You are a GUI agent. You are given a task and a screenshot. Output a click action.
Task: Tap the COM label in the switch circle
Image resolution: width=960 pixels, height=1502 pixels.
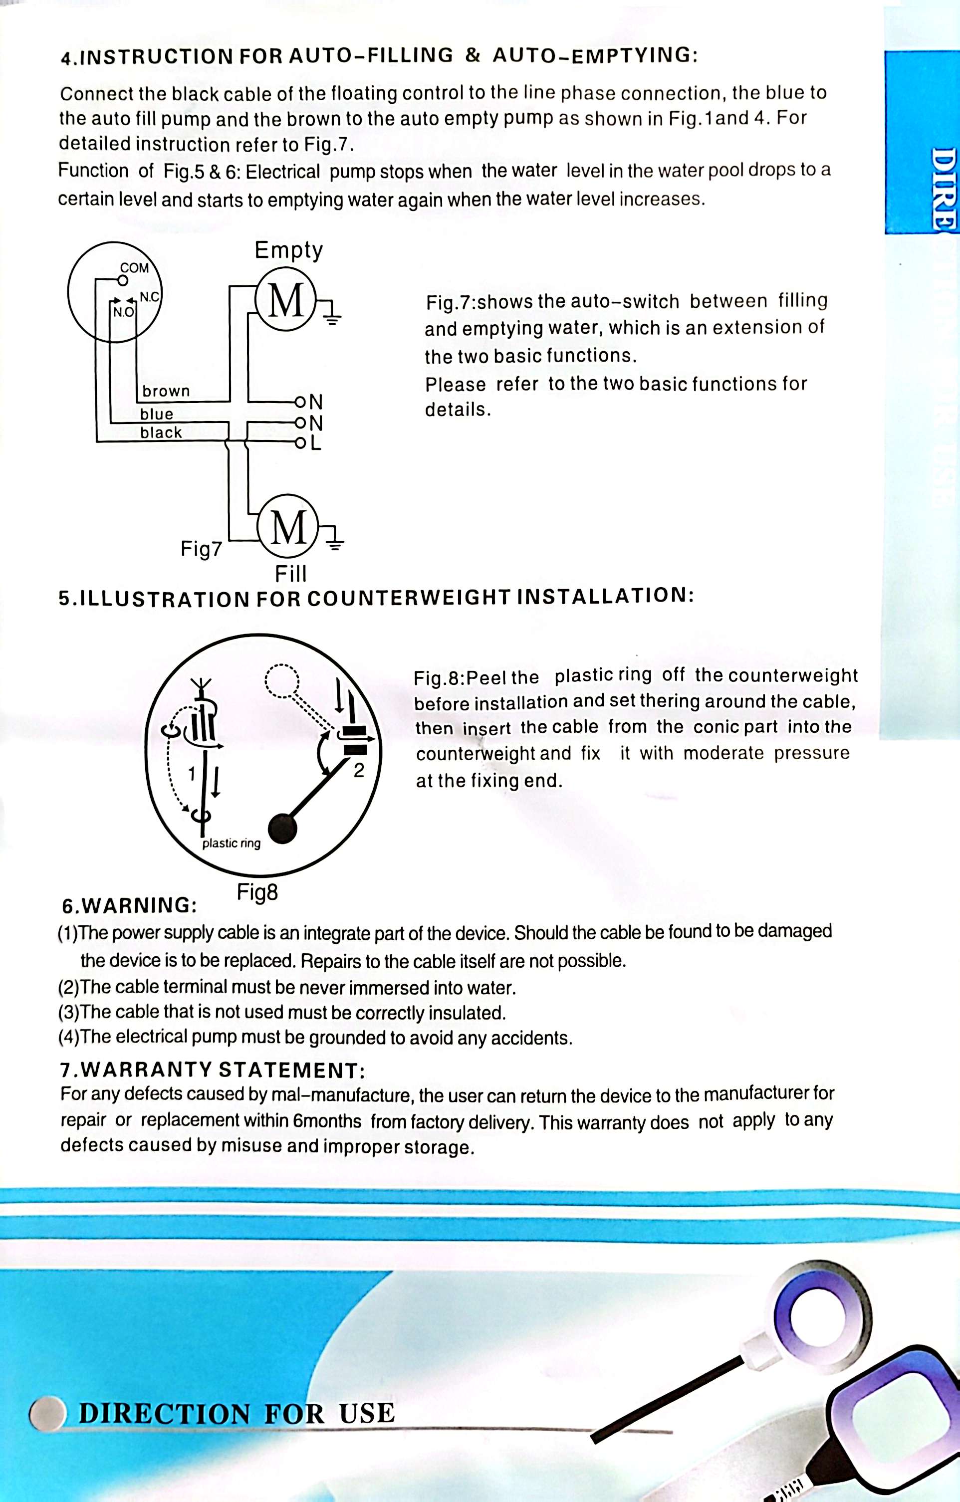135,267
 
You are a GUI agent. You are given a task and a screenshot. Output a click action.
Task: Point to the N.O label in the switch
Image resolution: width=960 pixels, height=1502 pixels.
123,311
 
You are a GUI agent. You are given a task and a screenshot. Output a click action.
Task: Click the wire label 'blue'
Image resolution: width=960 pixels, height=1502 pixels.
157,414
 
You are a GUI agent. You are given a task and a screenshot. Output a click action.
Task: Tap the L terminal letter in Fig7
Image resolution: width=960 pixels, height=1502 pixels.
316,443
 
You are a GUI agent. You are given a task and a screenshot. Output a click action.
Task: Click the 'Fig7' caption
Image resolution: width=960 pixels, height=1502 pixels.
201,549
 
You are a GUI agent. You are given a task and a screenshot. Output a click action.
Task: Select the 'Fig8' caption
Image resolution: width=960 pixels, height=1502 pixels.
257,892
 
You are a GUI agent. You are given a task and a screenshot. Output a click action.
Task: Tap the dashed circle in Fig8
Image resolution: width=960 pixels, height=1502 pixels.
282,679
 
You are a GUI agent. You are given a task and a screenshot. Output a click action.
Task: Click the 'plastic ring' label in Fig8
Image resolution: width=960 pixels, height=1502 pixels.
232,844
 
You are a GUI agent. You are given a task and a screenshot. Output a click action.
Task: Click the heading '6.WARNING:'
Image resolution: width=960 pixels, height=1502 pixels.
130,905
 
